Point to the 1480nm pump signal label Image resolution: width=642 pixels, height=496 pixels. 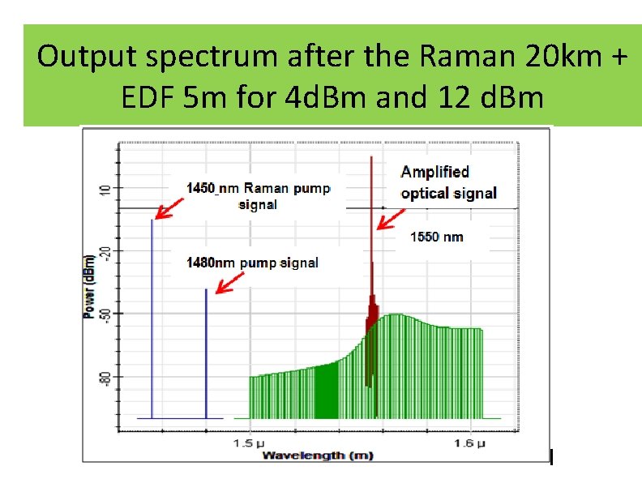(252, 263)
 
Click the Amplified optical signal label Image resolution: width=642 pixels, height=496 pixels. (448, 182)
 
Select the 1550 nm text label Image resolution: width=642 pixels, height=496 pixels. (437, 237)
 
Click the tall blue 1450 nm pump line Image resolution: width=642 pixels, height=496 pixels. (152, 316)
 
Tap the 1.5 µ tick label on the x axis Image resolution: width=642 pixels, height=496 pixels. (250, 443)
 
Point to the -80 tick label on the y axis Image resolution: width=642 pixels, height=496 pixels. (103, 376)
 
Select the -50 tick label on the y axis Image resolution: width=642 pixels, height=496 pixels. (103, 314)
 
